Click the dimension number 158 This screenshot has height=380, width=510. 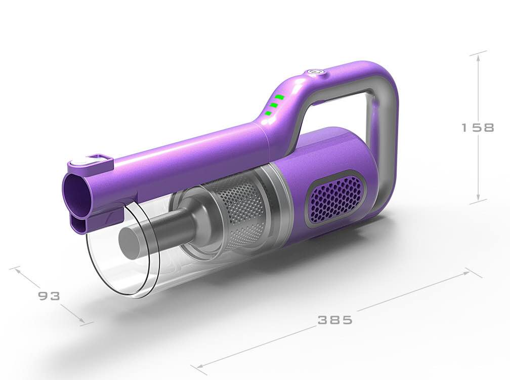tap(478, 128)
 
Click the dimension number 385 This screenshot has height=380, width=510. tap(334, 320)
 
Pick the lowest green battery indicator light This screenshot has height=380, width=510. tap(268, 113)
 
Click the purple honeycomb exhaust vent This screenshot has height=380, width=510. tap(334, 198)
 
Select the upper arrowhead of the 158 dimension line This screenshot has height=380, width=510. tap(478, 56)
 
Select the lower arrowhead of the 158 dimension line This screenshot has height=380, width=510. tap(478, 199)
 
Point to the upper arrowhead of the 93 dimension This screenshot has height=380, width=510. tap(18, 270)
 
